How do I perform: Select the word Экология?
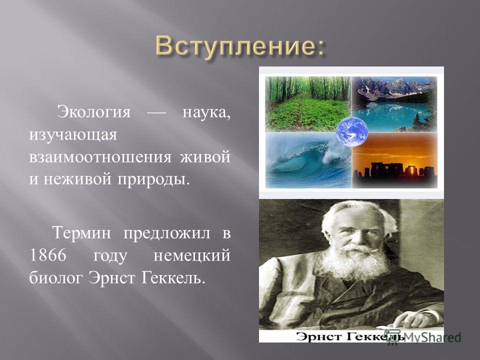point(94,112)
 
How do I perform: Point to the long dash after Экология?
point(156,113)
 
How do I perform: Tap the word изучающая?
point(73,135)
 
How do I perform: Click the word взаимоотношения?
point(100,157)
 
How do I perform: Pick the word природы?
point(152,179)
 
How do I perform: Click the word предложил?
point(167,233)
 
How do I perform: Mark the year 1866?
point(48,255)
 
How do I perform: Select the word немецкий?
point(191,255)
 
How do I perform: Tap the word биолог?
point(56,278)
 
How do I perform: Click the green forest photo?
point(308,104)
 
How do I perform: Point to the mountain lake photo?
point(395,104)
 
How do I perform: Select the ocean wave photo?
point(308,160)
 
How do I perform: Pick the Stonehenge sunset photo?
point(395,160)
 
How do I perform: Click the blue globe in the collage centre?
point(351,132)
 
